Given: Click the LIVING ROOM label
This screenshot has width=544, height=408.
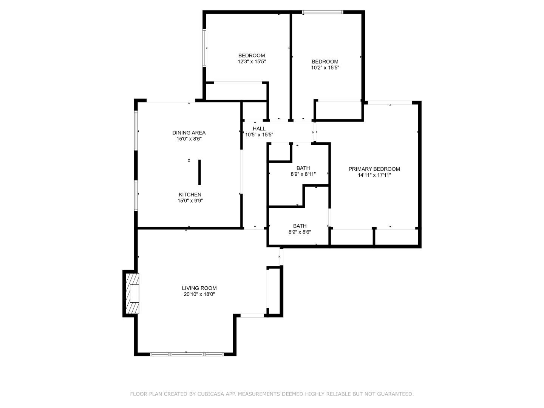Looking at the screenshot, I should (x=199, y=288).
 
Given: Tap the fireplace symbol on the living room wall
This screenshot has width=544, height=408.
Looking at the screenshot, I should (x=132, y=294).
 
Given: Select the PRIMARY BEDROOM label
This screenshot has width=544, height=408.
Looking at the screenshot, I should (x=374, y=169).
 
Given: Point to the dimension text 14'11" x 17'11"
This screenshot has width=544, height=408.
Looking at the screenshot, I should (x=374, y=175).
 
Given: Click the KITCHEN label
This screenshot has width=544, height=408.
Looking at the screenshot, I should (x=190, y=195).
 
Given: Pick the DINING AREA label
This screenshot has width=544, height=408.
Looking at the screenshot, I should (x=189, y=133).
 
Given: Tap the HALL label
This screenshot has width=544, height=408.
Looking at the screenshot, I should (x=259, y=128).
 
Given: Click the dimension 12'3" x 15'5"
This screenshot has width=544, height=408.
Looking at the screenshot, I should (x=252, y=62).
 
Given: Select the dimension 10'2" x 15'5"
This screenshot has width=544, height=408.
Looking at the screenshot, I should (x=325, y=68).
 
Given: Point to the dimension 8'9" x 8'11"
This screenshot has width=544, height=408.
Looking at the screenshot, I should (x=303, y=174).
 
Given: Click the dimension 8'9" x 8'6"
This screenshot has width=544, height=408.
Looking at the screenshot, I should (x=300, y=232).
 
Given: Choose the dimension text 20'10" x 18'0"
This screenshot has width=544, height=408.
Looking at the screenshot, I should (x=199, y=294).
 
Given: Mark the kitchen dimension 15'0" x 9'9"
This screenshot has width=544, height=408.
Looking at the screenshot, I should (x=190, y=201).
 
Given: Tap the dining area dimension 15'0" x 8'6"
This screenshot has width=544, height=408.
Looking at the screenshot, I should (x=189, y=139).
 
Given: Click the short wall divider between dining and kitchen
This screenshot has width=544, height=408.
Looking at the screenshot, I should (x=199, y=172).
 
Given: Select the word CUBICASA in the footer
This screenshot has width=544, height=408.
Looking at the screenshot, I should (x=210, y=394).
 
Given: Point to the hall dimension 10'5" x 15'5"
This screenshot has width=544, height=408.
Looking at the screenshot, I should (x=259, y=134).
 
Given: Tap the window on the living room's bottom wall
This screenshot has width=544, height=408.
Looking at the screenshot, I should (x=187, y=354).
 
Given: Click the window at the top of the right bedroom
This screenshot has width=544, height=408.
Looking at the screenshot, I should (x=323, y=12).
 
